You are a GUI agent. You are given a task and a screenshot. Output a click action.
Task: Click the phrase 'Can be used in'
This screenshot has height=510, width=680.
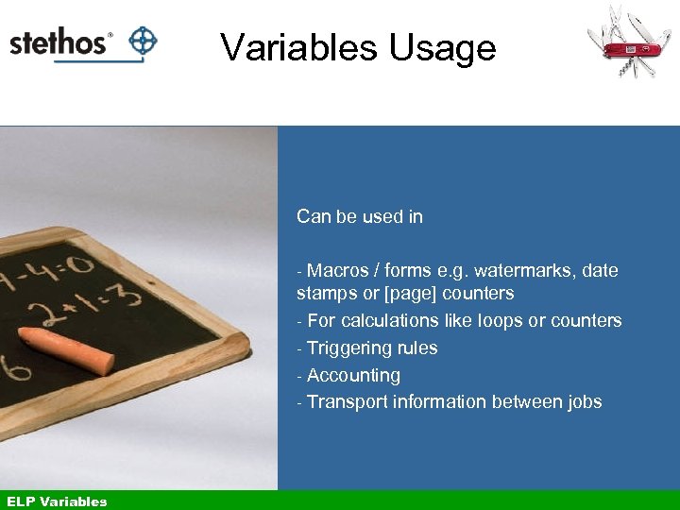(359, 216)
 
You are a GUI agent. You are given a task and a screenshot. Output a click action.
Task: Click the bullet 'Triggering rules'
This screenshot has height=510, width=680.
(371, 348)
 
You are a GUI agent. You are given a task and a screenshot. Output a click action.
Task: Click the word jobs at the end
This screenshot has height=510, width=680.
(585, 401)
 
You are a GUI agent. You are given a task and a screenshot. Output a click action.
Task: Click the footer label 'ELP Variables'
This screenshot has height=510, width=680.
(57, 501)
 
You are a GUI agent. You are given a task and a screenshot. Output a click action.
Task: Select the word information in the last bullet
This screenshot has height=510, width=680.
(435, 401)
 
